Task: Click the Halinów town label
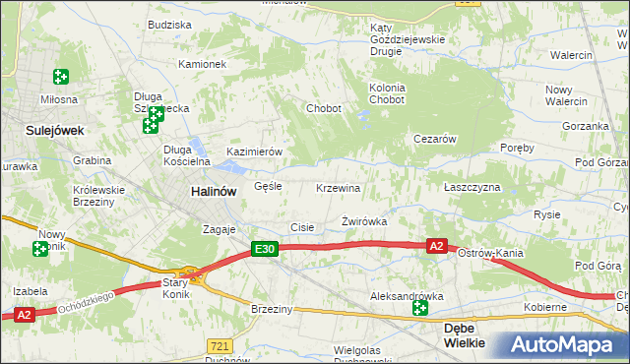pos(213,192)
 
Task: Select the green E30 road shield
pos(263,251)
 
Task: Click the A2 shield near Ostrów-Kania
pos(438,246)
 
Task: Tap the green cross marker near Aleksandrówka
pos(420,309)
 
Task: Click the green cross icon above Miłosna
pos(61,76)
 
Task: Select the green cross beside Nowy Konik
pos(40,249)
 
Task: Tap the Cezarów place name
pos(434,140)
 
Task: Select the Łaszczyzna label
pos(472,187)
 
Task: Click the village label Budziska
pos(169,24)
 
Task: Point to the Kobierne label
pos(544,307)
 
